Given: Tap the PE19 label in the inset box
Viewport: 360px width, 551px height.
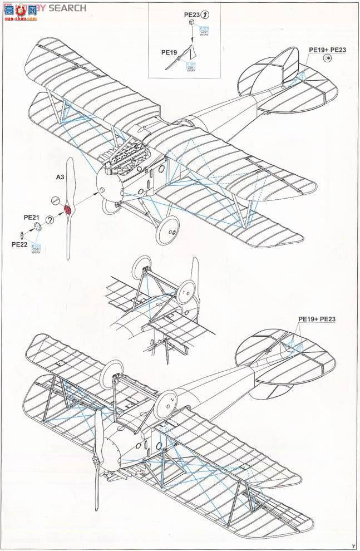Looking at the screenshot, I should pyautogui.click(x=169, y=52).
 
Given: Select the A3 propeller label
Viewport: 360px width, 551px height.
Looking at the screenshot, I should pyautogui.click(x=61, y=178).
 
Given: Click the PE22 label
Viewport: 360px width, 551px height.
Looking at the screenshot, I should pyautogui.click(x=19, y=244).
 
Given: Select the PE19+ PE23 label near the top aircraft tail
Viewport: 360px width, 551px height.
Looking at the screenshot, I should pyautogui.click(x=327, y=50).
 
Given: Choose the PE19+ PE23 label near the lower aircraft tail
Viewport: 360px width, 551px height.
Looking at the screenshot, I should pyautogui.click(x=317, y=319).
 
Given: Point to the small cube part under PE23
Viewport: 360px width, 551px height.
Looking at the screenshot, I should pyautogui.click(x=192, y=22).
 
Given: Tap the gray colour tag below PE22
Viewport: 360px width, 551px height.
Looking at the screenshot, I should pyautogui.click(x=36, y=248).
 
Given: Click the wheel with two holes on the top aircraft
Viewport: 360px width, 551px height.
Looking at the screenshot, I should pyautogui.click(x=168, y=232).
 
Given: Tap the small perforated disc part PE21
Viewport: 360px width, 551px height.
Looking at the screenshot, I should pyautogui.click(x=37, y=226).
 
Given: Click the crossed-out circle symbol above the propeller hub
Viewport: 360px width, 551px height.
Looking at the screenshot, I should pyautogui.click(x=55, y=200).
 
